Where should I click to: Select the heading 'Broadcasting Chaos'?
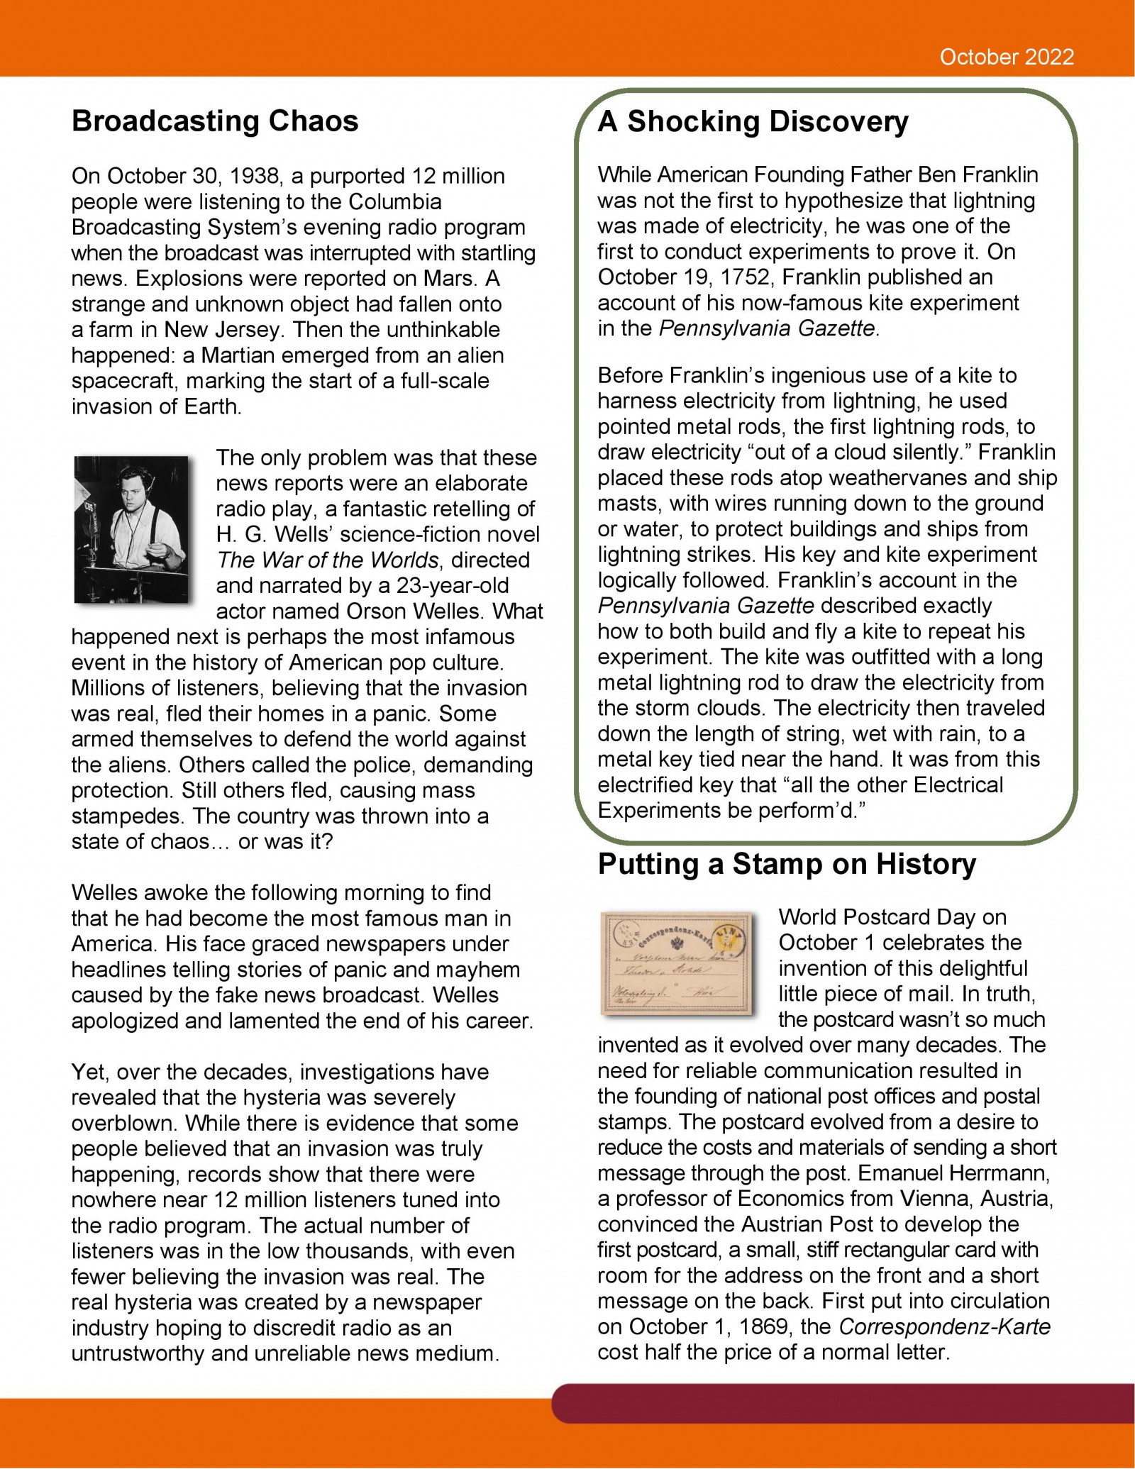[215, 121]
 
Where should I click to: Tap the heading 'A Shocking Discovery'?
[753, 121]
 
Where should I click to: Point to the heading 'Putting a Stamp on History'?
[787, 864]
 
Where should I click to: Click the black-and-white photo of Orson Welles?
[131, 529]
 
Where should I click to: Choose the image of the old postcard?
[678, 963]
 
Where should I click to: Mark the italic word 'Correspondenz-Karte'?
[945, 1327]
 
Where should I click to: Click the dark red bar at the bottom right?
[844, 1404]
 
